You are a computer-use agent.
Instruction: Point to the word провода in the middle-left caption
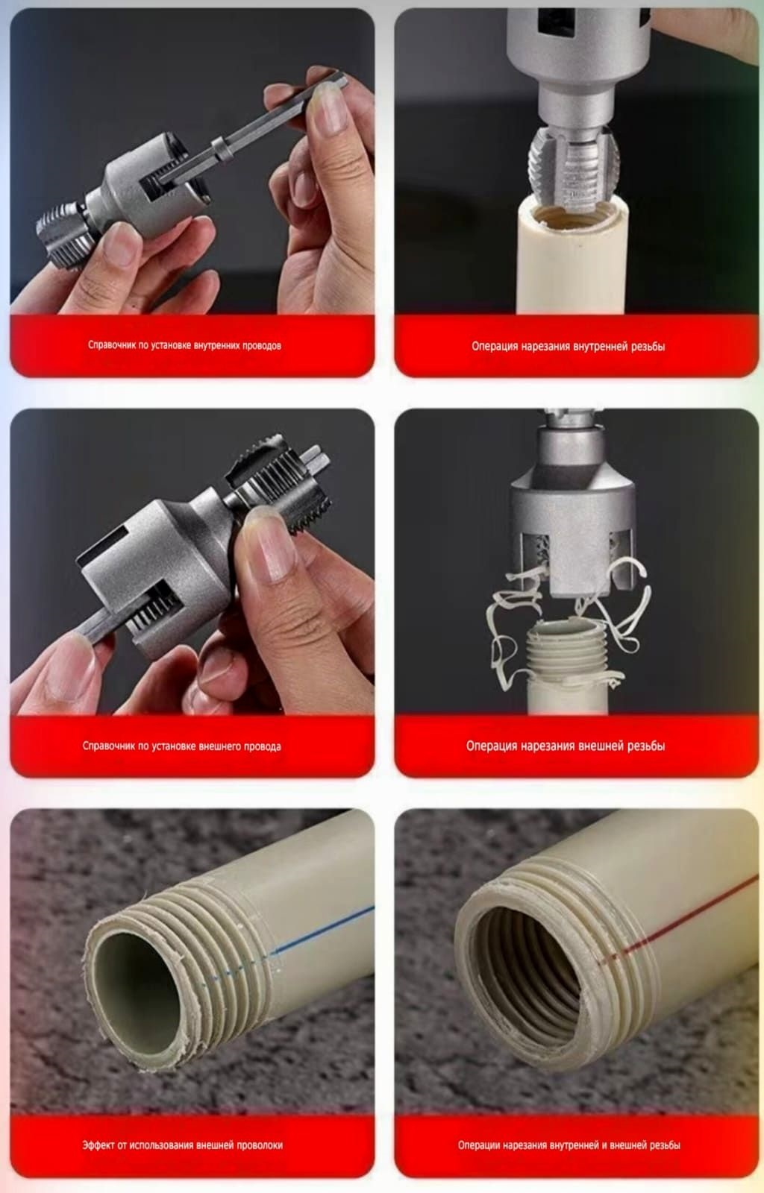pos(262,746)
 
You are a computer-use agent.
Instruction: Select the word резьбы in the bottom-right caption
pos(663,1145)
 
